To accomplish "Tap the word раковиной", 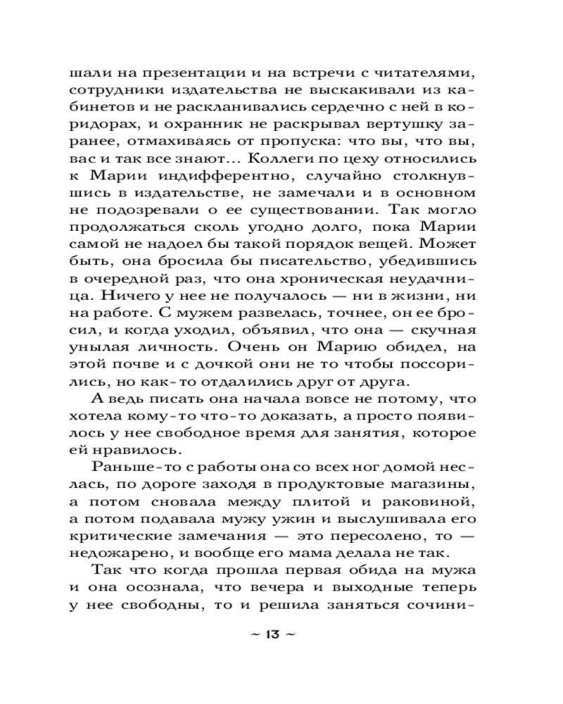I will click(x=434, y=502).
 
